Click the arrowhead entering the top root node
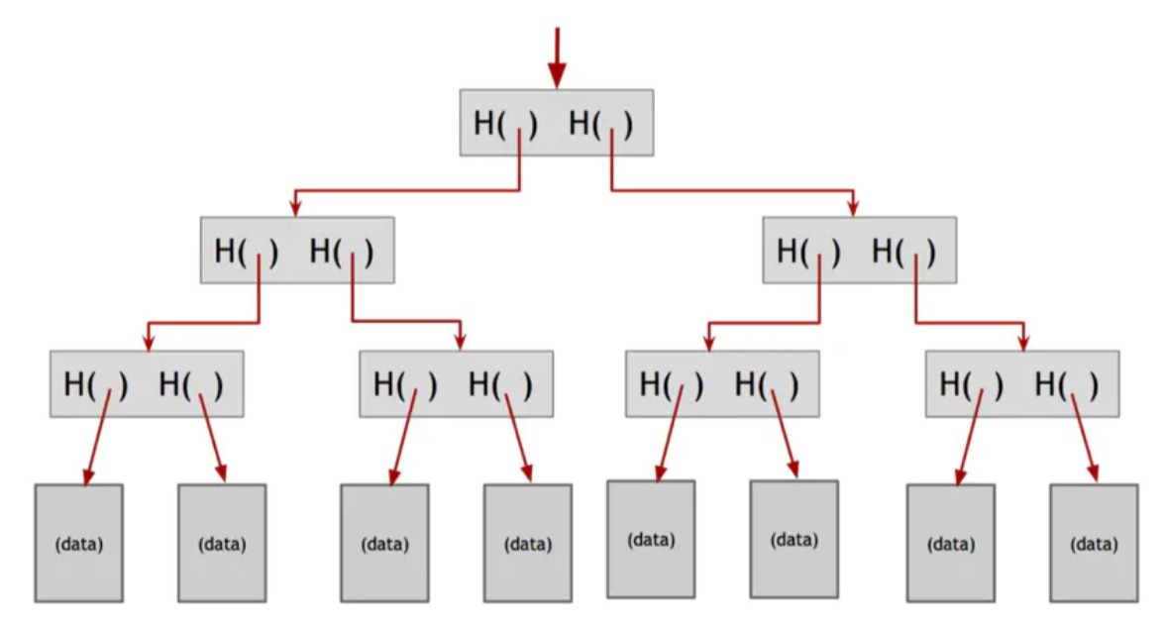558,75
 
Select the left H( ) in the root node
505,123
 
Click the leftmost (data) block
78,543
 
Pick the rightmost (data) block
1094,543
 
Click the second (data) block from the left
222,543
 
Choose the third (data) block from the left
384,543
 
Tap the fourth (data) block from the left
528,543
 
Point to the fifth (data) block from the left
651,540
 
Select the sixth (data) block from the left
794,540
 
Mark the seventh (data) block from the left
950,543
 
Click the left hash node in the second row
297,250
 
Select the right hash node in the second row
860,250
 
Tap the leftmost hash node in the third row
147,383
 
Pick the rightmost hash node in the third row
1022,383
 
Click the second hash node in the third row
457,383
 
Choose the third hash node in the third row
722,383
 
